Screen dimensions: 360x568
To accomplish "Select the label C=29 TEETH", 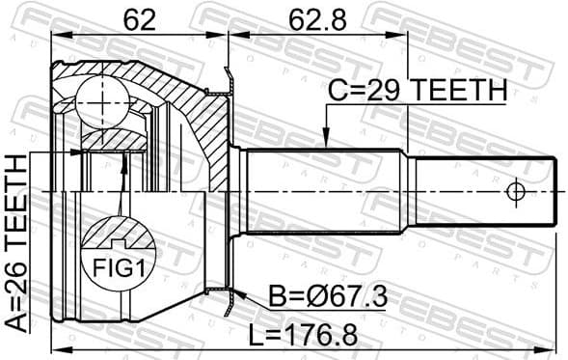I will pos(417,91).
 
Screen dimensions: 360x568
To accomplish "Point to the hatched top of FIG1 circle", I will pos(118,234).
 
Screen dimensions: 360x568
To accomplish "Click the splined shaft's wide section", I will pos(323,191).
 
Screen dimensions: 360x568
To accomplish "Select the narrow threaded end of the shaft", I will pos(482,192).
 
